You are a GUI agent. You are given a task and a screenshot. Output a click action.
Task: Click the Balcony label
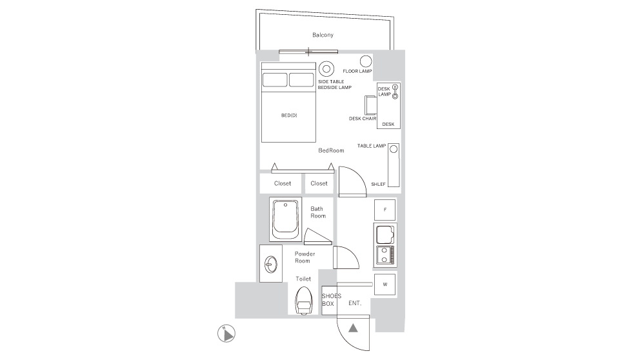tap(323, 35)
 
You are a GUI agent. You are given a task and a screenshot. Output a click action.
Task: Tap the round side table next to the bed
tap(326, 68)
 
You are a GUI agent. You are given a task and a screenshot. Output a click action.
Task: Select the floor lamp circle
tap(365, 61)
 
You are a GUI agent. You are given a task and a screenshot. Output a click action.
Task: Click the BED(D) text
tap(289, 115)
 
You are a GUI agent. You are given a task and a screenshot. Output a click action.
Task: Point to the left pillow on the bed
tap(275, 80)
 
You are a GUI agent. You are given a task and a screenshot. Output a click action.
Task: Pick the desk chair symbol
tap(370, 105)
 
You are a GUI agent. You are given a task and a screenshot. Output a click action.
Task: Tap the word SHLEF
tap(378, 184)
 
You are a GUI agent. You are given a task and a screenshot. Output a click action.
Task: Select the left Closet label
tap(282, 183)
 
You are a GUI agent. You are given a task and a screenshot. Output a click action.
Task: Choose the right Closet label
tap(319, 183)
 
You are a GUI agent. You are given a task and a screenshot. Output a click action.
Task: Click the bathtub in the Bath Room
tap(285, 219)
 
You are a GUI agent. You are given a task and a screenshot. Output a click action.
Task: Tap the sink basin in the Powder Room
tap(271, 263)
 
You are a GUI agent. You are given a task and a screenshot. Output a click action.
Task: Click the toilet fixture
tap(303, 301)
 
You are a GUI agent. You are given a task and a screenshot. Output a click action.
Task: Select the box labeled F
tap(385, 210)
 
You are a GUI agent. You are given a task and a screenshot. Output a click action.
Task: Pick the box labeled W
tap(385, 284)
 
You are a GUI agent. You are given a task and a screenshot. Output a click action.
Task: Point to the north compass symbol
tap(226, 333)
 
